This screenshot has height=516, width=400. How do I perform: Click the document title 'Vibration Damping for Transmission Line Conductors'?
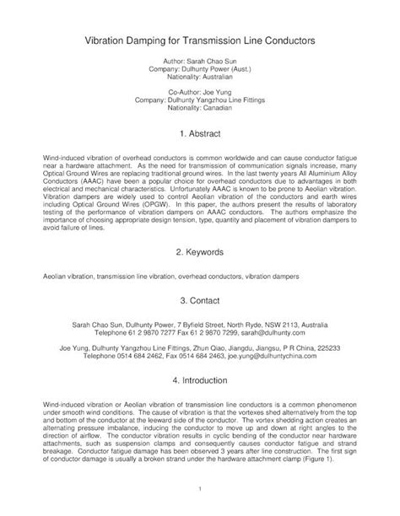(x=200, y=39)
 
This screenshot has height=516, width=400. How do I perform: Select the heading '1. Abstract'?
(x=200, y=133)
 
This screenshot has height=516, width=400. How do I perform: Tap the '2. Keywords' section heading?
(x=200, y=253)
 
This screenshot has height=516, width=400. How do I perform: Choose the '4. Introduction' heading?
(x=200, y=380)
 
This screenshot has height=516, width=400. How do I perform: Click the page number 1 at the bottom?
(x=200, y=489)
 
